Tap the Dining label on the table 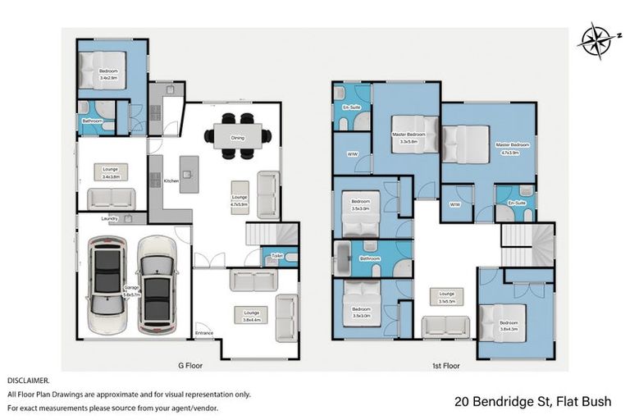pyautogui.click(x=237, y=138)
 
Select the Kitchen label pyautogui.click(x=171, y=180)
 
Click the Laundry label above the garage pyautogui.click(x=111, y=218)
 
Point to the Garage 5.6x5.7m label pyautogui.click(x=131, y=290)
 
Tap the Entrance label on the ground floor pyautogui.click(x=203, y=333)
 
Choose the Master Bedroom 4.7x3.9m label pyautogui.click(x=514, y=148)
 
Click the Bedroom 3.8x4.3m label pyautogui.click(x=509, y=326)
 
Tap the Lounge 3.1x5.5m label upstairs pyautogui.click(x=447, y=297)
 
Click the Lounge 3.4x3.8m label pyautogui.click(x=112, y=173)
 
